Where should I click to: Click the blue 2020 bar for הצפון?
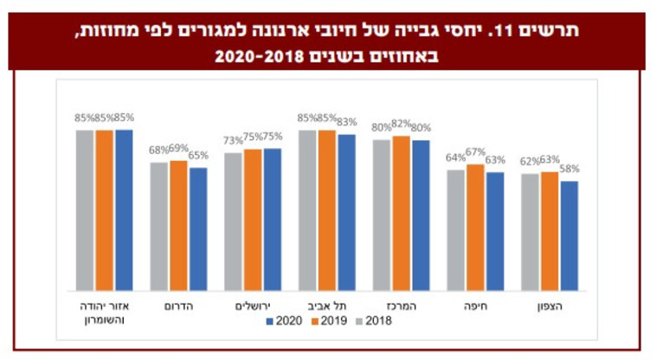(x=569, y=235)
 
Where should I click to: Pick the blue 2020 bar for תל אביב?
(x=346, y=212)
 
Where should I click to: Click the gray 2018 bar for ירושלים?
(x=233, y=222)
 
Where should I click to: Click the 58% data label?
(x=569, y=169)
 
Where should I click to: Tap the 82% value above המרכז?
(x=401, y=124)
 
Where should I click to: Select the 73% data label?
(x=233, y=140)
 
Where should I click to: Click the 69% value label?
(x=178, y=149)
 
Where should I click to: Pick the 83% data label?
(x=346, y=122)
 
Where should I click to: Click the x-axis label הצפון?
(x=550, y=306)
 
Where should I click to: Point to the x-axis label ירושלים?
(x=253, y=306)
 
